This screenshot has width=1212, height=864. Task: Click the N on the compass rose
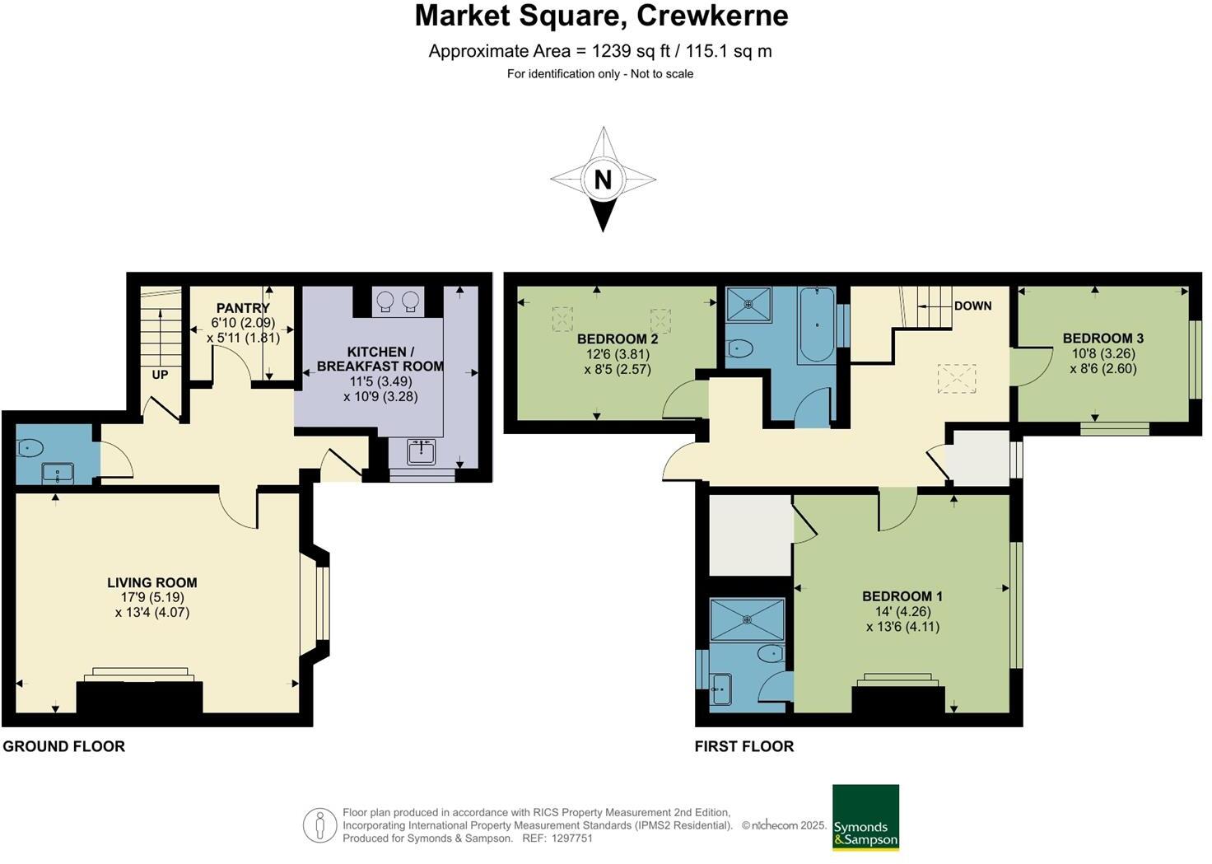603,179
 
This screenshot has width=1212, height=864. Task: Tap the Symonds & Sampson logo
865,817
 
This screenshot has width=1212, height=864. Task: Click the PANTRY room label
243,308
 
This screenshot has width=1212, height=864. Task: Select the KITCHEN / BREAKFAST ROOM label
380,358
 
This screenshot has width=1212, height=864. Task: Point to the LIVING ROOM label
152,582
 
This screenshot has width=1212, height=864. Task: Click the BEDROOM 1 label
902,595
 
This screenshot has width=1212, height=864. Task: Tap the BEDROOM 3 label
1102,338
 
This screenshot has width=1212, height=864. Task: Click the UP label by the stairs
160,375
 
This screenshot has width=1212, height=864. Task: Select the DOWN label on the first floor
972,306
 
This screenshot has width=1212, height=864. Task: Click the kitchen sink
422,451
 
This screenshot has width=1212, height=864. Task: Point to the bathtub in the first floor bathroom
816,325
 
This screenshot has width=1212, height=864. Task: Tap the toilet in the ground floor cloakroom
30,448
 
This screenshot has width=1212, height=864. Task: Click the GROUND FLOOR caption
64,746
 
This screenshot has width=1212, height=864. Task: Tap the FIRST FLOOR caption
744,746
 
